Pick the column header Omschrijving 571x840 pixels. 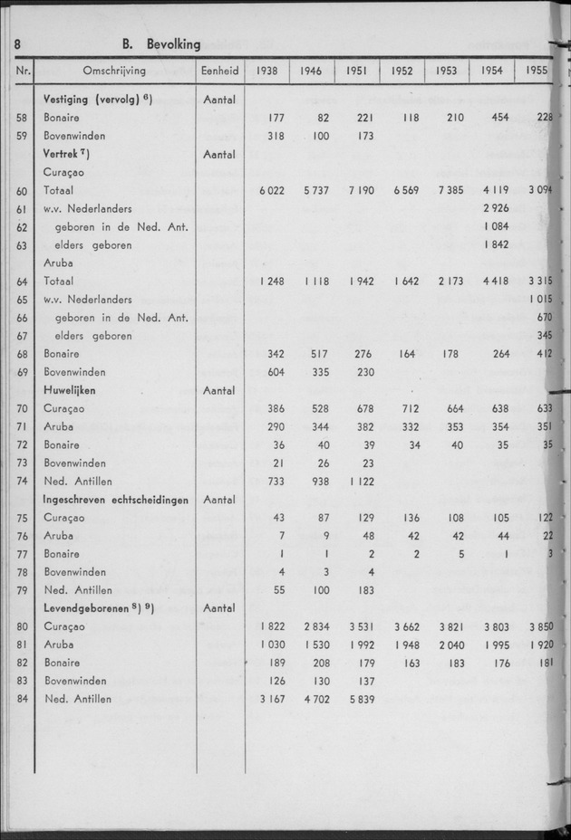(116, 70)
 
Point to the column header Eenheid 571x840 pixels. (220, 70)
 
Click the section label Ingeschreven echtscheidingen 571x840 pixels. (113, 499)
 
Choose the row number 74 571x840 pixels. (22, 481)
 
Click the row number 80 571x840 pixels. (22, 625)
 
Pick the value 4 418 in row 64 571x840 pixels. (492, 282)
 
